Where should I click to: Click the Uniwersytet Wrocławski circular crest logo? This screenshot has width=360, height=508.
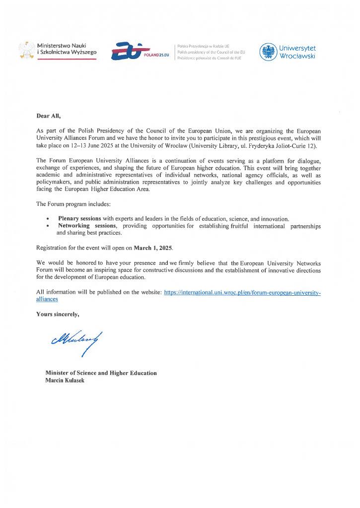pos(269,52)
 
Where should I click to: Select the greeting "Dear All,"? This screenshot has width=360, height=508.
pos(48,116)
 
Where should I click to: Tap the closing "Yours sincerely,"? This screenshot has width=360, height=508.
pos(58,314)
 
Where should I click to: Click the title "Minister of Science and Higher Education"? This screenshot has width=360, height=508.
pos(101,373)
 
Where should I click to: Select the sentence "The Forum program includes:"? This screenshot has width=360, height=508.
pos(69,204)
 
